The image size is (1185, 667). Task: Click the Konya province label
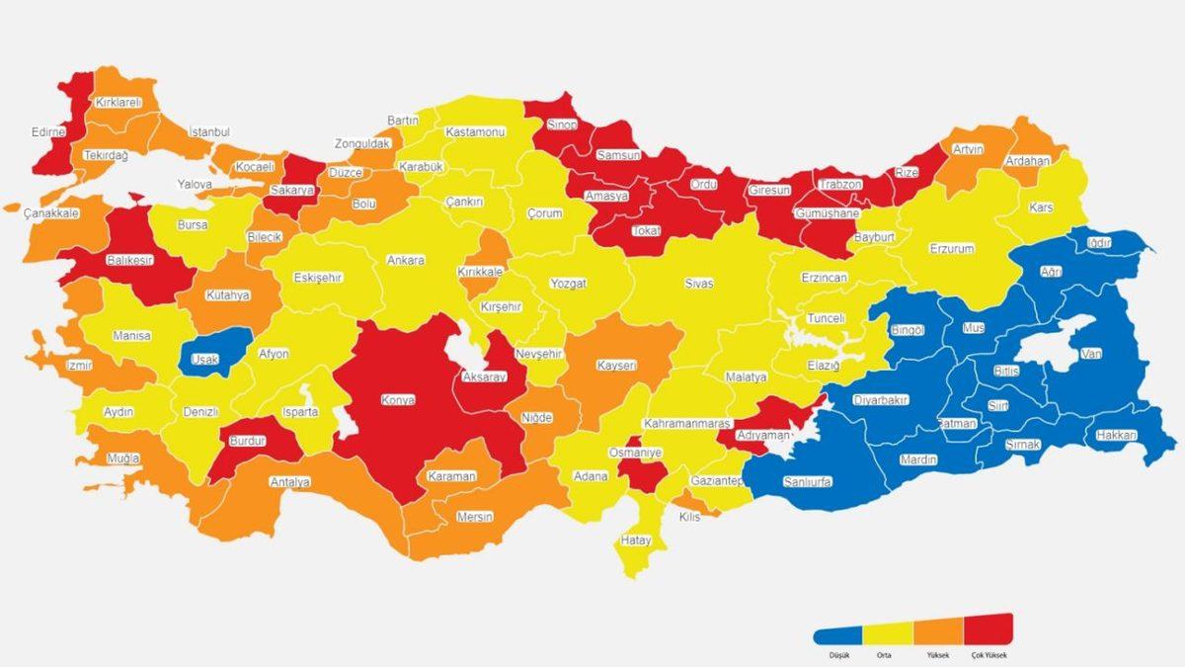coord(399,401)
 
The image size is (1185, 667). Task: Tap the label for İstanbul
coord(208,132)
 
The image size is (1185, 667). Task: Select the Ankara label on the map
coord(406,261)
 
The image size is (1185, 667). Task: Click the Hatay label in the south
coord(635,541)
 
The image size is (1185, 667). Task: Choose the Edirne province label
coord(47,132)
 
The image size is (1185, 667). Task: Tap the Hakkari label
coord(1116,436)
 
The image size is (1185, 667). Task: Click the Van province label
coord(1091,354)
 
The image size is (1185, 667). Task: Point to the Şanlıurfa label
coord(806,481)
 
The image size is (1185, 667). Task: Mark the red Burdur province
coord(247,442)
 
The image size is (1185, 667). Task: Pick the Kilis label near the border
coord(689,517)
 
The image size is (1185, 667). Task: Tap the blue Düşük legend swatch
coord(837,635)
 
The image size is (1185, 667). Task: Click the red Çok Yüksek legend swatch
coord(988,628)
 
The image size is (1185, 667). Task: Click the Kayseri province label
coord(616,366)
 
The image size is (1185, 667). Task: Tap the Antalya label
coord(290,482)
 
